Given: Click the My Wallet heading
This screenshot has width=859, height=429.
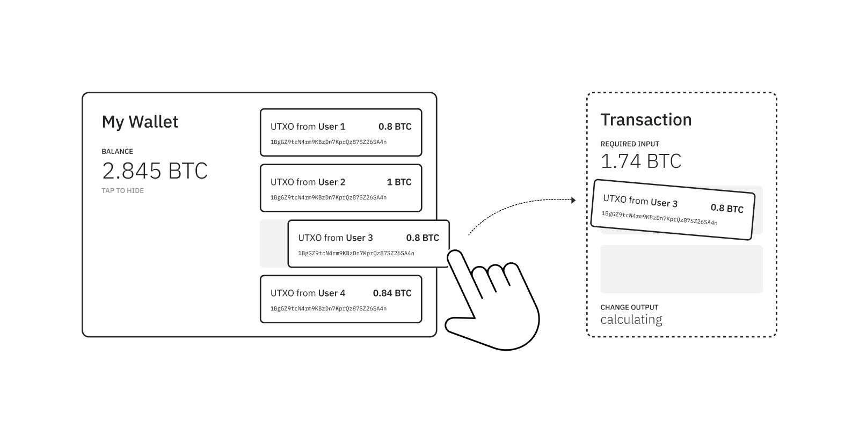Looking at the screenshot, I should coord(140,122).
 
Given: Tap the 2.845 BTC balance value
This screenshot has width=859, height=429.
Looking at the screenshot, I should coord(155,171).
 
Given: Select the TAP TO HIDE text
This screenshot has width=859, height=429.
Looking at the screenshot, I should coord(122,190).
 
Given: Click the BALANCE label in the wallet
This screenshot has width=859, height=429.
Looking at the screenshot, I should coord(117,152).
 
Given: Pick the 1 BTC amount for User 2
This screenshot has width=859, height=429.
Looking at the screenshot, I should coord(399,182).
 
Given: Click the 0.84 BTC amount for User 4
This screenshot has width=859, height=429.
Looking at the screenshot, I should coord(392,293).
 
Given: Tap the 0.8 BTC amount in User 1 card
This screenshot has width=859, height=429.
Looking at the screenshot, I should coord(395,127).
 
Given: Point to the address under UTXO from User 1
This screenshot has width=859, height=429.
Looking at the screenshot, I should coord(328,142).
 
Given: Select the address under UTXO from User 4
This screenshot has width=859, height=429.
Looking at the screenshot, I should coord(328,309).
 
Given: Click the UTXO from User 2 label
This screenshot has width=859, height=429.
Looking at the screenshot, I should coord(308,182).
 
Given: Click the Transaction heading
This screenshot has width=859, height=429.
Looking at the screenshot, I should coord(646,120).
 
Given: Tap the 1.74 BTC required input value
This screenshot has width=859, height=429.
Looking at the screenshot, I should coord(640,161).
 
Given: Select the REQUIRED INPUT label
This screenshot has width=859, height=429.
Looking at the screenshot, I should coord(630,144).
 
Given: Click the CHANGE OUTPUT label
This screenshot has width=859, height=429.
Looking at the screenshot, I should coord(629,307).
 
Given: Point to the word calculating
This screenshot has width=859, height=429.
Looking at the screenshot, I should coord(631,320).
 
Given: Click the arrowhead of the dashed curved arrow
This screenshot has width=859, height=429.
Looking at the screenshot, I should coord(573,200).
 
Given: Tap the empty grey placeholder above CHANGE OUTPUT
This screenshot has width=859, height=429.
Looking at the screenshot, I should coord(681,269).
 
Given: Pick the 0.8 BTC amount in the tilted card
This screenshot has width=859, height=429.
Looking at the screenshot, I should coord(727,208).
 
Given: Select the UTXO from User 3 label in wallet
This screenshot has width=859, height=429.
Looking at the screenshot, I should coord(336,238).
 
